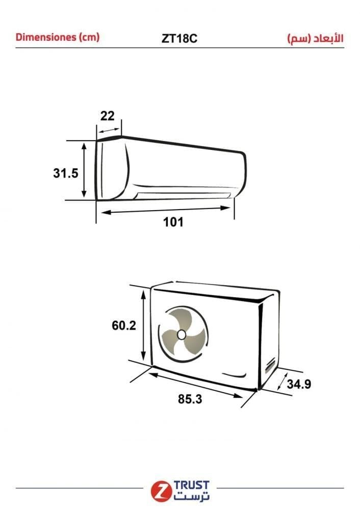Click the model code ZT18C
[179, 39]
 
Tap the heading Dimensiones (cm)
[58, 37]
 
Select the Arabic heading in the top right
[315, 39]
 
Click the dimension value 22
[107, 116]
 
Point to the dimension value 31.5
[66, 173]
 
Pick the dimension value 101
[173, 222]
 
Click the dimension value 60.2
[123, 325]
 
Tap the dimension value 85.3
[190, 399]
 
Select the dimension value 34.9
[299, 384]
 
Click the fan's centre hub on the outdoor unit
[182, 335]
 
